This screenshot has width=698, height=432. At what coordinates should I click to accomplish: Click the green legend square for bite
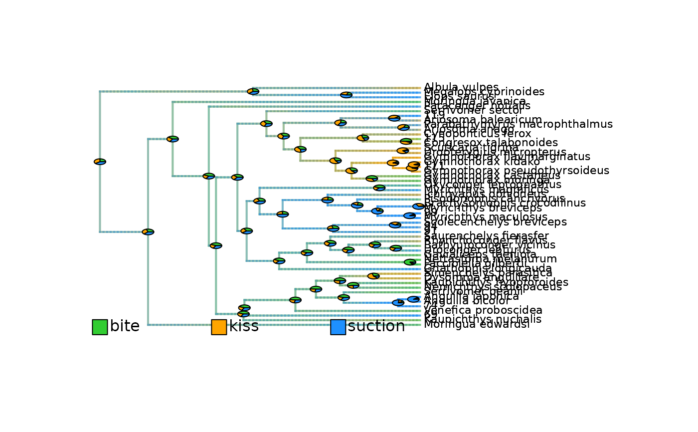pyautogui.click(x=100, y=327)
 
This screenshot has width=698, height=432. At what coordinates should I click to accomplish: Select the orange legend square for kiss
pyautogui.click(x=219, y=327)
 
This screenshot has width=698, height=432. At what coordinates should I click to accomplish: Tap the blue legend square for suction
pyautogui.click(x=338, y=327)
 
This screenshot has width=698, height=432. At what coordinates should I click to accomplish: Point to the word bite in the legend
pyautogui.click(x=125, y=326)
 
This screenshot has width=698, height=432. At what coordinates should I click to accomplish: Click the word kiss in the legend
pyautogui.click(x=244, y=326)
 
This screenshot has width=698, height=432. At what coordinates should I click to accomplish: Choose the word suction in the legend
pyautogui.click(x=376, y=326)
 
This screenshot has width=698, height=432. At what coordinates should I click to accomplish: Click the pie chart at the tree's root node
pyautogui.click(x=100, y=162)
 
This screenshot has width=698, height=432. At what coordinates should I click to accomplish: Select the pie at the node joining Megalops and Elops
pyautogui.click(x=346, y=95)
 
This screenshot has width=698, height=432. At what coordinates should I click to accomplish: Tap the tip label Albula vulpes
pyautogui.click(x=461, y=87)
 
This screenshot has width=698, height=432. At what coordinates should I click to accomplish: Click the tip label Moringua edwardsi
pyautogui.click(x=477, y=325)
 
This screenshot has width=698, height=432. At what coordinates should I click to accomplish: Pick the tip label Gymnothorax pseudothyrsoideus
pyautogui.click(x=517, y=171)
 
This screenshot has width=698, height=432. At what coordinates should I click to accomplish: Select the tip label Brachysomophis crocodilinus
pyautogui.click(x=505, y=203)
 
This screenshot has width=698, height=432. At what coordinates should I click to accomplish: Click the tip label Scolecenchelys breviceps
pyautogui.click(x=496, y=222)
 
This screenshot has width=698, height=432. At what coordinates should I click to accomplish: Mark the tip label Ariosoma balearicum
pyautogui.click(x=483, y=120)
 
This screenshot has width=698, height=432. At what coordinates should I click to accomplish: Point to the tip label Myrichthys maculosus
pyautogui.click(x=486, y=217)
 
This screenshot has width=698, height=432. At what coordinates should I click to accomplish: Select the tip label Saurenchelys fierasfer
pyautogui.click(x=486, y=235)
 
